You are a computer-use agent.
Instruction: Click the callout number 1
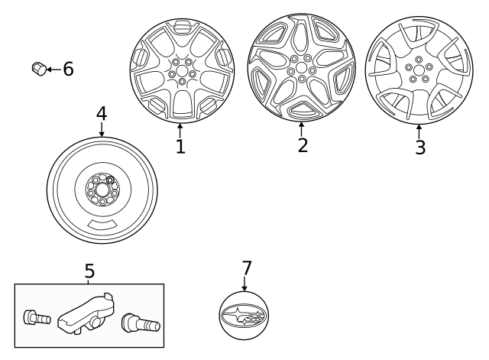[180, 146]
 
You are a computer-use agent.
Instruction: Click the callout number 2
[303, 145]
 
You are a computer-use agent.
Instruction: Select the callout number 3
[419, 148]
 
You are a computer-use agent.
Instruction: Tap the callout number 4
[102, 114]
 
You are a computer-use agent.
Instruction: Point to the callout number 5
[89, 271]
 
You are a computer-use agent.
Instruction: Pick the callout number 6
[68, 70]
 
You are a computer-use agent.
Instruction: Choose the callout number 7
[246, 268]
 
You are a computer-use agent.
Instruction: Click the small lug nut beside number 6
[37, 69]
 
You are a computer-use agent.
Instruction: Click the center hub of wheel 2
[300, 68]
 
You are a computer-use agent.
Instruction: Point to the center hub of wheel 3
[419, 69]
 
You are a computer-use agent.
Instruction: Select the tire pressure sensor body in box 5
[86, 313]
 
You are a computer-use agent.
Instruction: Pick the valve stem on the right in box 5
[141, 323]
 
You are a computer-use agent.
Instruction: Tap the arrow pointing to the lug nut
[53, 70]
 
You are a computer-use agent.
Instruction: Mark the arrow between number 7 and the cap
[245, 284]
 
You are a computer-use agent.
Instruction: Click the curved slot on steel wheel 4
[102, 225]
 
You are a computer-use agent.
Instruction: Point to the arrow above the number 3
[419, 130]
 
